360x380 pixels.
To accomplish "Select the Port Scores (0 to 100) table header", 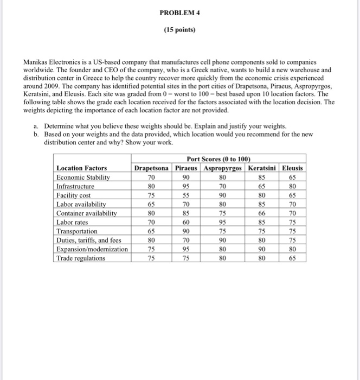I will click(218, 159).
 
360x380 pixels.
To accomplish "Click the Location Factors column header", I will click(82, 168).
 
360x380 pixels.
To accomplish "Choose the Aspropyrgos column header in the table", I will click(222, 168).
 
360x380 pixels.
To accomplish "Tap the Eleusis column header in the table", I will click(293, 168).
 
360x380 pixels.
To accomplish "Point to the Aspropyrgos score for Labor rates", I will click(222, 222).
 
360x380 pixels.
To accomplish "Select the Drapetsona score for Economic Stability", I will click(152, 177).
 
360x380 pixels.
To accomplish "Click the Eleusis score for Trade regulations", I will click(293, 258).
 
